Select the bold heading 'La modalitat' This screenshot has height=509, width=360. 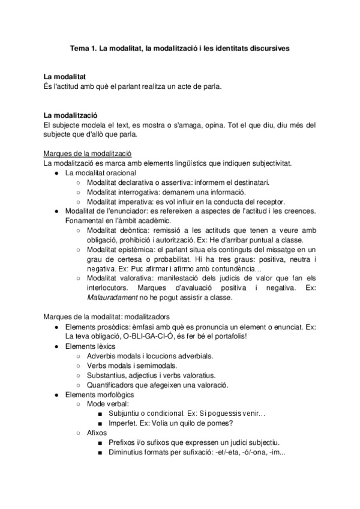pos(64,77)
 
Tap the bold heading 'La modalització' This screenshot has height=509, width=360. pos(70,115)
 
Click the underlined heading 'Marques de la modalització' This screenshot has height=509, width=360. pos(88,154)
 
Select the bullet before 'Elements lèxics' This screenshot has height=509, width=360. pos(56,346)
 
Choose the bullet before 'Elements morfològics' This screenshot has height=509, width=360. pos(56,394)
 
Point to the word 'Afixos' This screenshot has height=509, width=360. pos(97,433)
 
